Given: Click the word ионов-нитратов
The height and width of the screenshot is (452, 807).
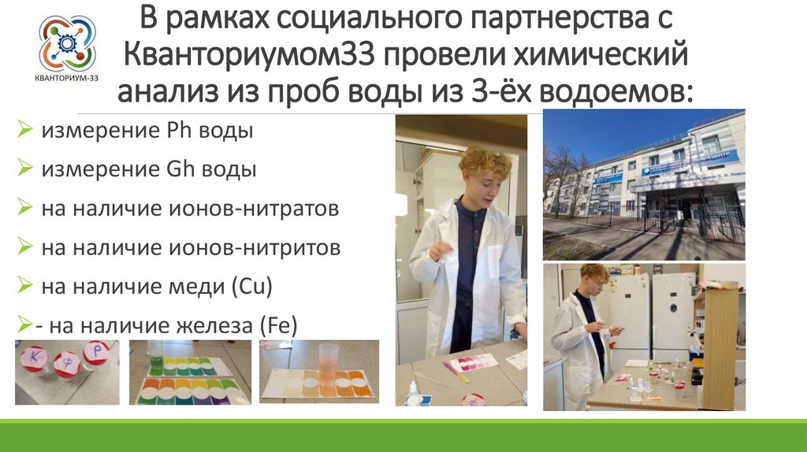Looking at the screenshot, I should (260, 209).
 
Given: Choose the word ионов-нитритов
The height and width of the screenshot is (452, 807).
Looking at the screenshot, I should (261, 247).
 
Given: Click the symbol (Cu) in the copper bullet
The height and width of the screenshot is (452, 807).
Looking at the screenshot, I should (251, 287).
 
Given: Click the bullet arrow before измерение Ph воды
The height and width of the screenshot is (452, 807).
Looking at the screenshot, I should (25, 131).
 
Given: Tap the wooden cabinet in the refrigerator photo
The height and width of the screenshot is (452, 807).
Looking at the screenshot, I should (718, 346).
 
